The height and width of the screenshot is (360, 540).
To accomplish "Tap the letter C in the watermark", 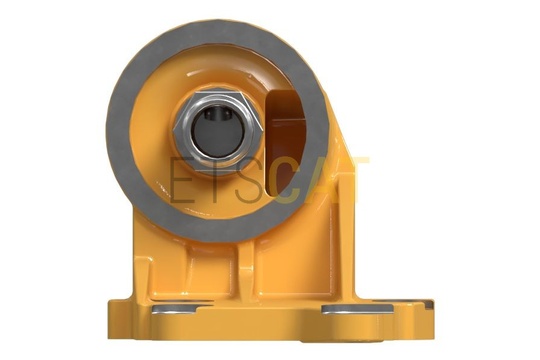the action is tap(287, 181).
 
